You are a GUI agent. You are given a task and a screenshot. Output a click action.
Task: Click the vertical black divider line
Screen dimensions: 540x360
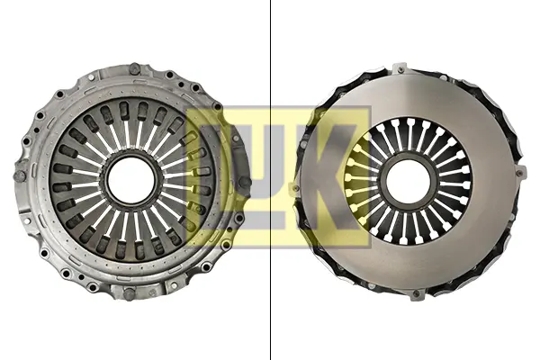click(270, 180)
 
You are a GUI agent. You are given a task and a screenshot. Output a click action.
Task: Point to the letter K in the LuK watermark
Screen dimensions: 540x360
click(328, 177)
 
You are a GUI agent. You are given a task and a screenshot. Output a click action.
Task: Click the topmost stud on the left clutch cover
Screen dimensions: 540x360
click(134, 68)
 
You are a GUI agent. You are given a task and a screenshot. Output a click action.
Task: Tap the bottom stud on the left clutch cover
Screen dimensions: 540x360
click(129, 293)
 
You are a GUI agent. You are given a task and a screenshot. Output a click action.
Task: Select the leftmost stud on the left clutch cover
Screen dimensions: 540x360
click(19, 176)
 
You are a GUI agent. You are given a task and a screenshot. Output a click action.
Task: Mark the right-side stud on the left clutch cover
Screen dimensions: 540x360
click(245, 182)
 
